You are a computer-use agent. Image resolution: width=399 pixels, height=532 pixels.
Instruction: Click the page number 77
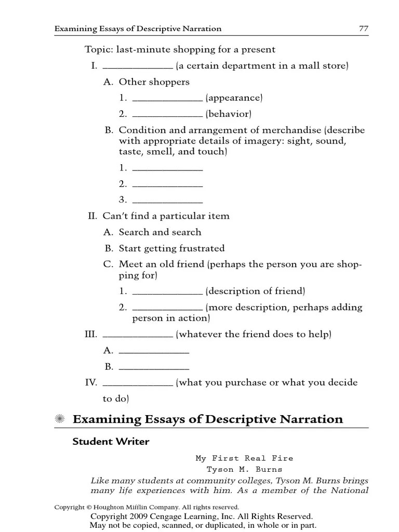[x=364, y=29]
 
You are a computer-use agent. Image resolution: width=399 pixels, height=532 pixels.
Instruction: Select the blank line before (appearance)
[x=167, y=98]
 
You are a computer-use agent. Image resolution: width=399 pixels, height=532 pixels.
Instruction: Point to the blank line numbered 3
[x=167, y=200]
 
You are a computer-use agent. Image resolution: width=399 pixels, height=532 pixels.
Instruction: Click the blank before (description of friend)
[x=167, y=291]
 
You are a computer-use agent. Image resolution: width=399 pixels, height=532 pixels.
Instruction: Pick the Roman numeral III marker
[x=91, y=335]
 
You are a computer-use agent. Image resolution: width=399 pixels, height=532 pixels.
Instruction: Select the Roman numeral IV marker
[x=91, y=382]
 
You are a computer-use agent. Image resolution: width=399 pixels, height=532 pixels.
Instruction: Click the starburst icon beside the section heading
[x=60, y=419]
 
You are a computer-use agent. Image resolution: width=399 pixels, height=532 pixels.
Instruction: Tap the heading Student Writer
[x=111, y=442]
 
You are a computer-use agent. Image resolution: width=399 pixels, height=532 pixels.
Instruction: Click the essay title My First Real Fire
[x=244, y=458]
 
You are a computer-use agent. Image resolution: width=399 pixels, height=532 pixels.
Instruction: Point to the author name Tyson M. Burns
[x=244, y=469]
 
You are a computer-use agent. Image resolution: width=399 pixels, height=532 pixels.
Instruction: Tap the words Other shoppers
[x=154, y=82]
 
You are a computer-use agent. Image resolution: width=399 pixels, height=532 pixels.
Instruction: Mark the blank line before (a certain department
[x=138, y=66]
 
